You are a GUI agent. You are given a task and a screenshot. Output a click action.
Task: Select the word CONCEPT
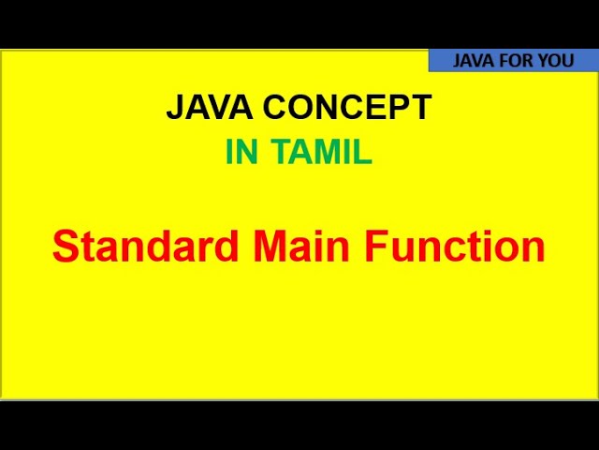click(347, 108)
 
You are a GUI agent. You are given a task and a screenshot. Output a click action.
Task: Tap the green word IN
click(241, 153)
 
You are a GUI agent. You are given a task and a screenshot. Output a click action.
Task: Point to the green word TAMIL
click(322, 153)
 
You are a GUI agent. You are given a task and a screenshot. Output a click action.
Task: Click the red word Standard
click(146, 247)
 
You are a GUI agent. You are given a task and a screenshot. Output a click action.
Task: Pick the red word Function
click(455, 247)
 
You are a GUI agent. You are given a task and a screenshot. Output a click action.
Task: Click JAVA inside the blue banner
click(474, 61)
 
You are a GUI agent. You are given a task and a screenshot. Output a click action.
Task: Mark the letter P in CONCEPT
click(402, 108)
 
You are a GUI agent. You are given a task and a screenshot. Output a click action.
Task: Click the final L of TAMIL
click(363, 153)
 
